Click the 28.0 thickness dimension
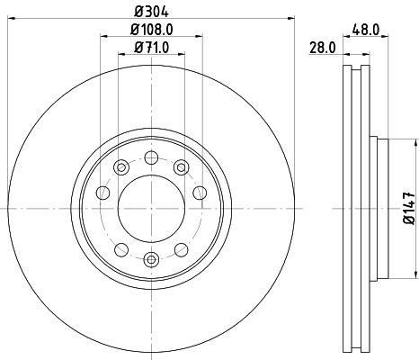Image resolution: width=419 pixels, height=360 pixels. [321, 47]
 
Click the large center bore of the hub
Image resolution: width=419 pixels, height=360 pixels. [151, 208]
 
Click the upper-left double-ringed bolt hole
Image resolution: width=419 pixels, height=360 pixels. [120, 165]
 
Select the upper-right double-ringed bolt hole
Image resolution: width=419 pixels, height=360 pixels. [182, 165]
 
